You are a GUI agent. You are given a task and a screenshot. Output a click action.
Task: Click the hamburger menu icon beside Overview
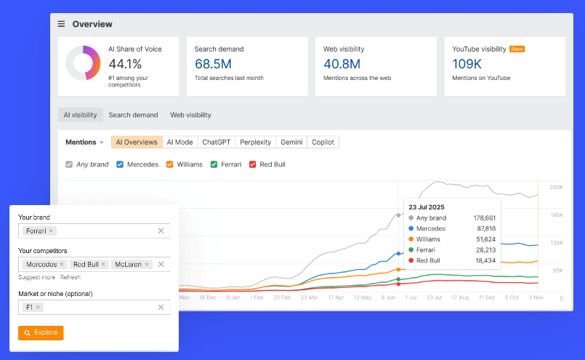coord(62,24)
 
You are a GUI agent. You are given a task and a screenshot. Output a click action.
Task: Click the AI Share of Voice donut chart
coord(83,63)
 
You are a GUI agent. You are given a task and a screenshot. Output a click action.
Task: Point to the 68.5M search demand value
coord(213,64)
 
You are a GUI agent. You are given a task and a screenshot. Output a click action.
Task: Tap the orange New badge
coord(517,49)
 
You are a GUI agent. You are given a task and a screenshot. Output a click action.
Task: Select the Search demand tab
coord(133,115)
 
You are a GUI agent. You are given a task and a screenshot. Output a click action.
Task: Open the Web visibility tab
coord(190,115)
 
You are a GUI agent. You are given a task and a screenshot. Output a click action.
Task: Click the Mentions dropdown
coord(84,143)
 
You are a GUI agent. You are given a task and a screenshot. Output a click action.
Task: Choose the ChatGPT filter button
coord(217,143)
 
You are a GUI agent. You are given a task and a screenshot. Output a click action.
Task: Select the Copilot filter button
coord(323,143)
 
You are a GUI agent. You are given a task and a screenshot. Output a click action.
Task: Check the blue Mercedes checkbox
coord(120,164)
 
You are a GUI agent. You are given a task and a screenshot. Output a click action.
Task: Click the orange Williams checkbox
coord(170,164)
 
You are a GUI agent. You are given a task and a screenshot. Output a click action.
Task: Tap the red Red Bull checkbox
coord(253,164)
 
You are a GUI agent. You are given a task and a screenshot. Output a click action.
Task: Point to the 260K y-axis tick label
coord(556,188)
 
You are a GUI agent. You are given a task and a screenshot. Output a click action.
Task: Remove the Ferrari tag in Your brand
coord(51,231)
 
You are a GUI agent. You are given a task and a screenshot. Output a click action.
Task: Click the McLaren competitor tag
coord(129,264)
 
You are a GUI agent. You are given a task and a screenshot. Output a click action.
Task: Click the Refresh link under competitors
coord(70,277)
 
